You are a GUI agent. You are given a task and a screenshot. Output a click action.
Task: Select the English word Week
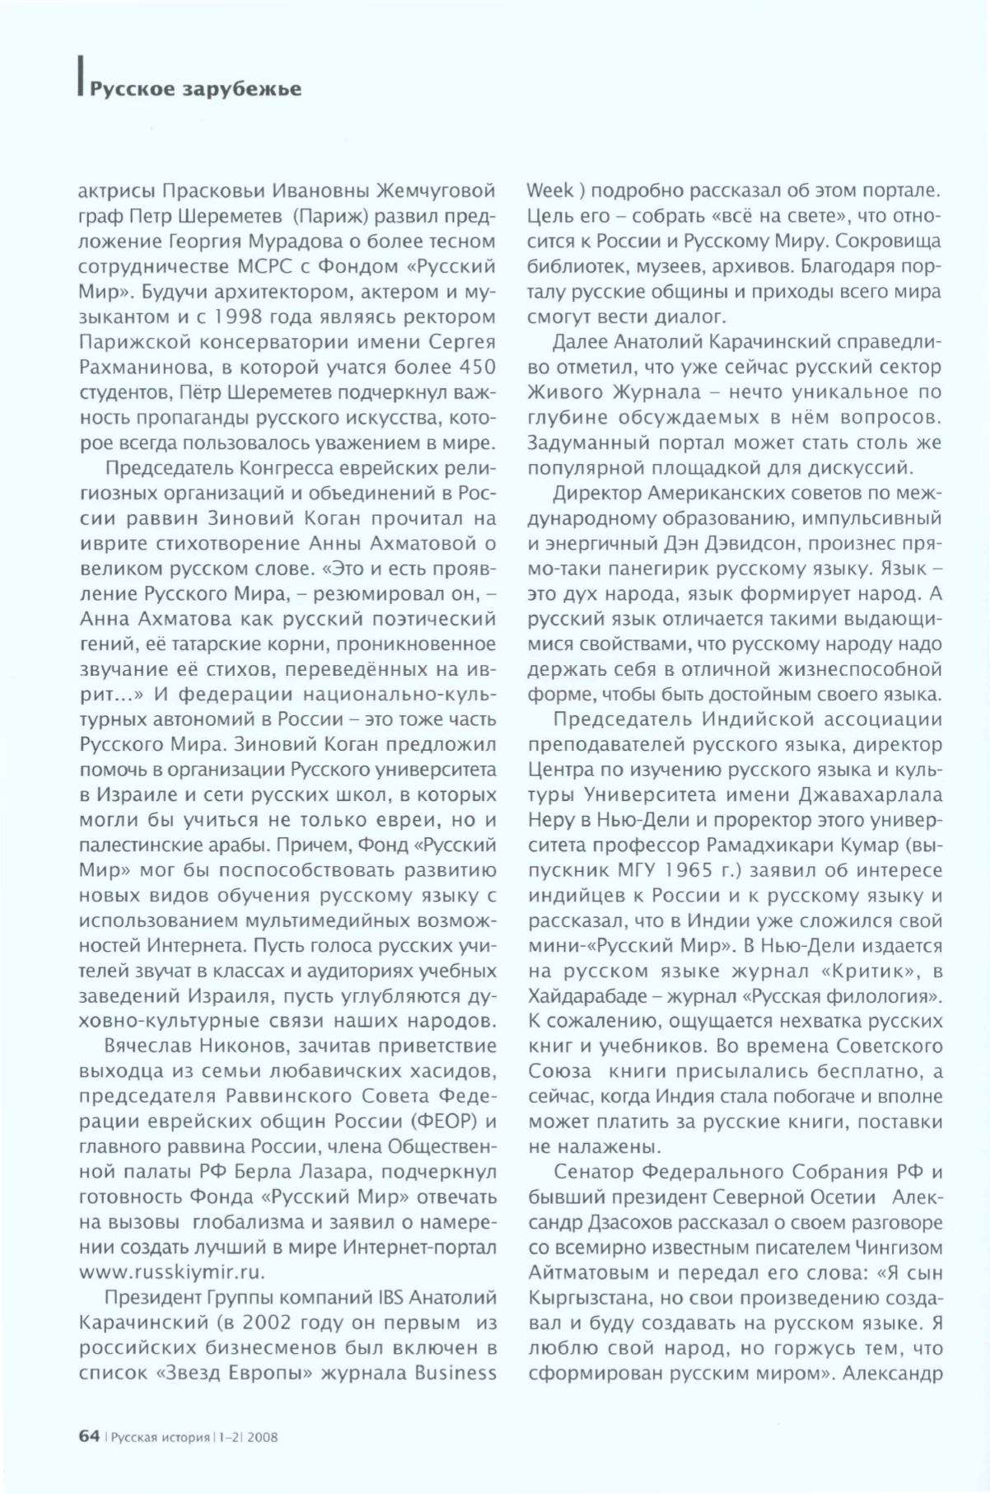click(550, 190)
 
